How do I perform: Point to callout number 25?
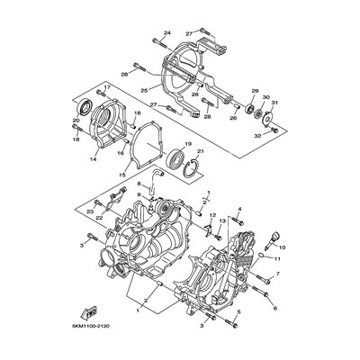[x=143, y=91]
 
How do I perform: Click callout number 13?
[x=221, y=220]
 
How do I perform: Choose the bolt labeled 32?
[x=267, y=127]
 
